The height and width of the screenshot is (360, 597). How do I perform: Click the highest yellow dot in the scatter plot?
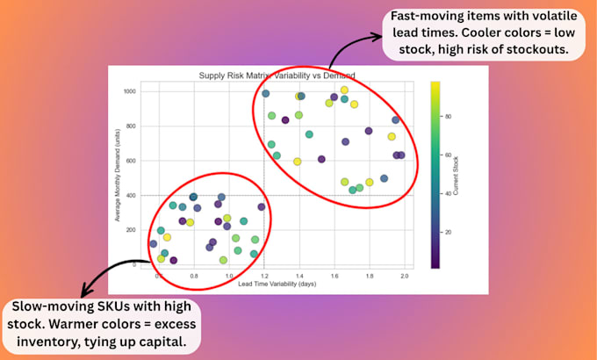click(x=344, y=90)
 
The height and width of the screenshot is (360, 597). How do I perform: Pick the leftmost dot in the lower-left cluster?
click(x=154, y=244)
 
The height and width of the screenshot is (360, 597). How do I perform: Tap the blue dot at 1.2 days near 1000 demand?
click(x=265, y=93)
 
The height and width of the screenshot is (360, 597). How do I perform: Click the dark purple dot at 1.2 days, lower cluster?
click(x=262, y=207)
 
